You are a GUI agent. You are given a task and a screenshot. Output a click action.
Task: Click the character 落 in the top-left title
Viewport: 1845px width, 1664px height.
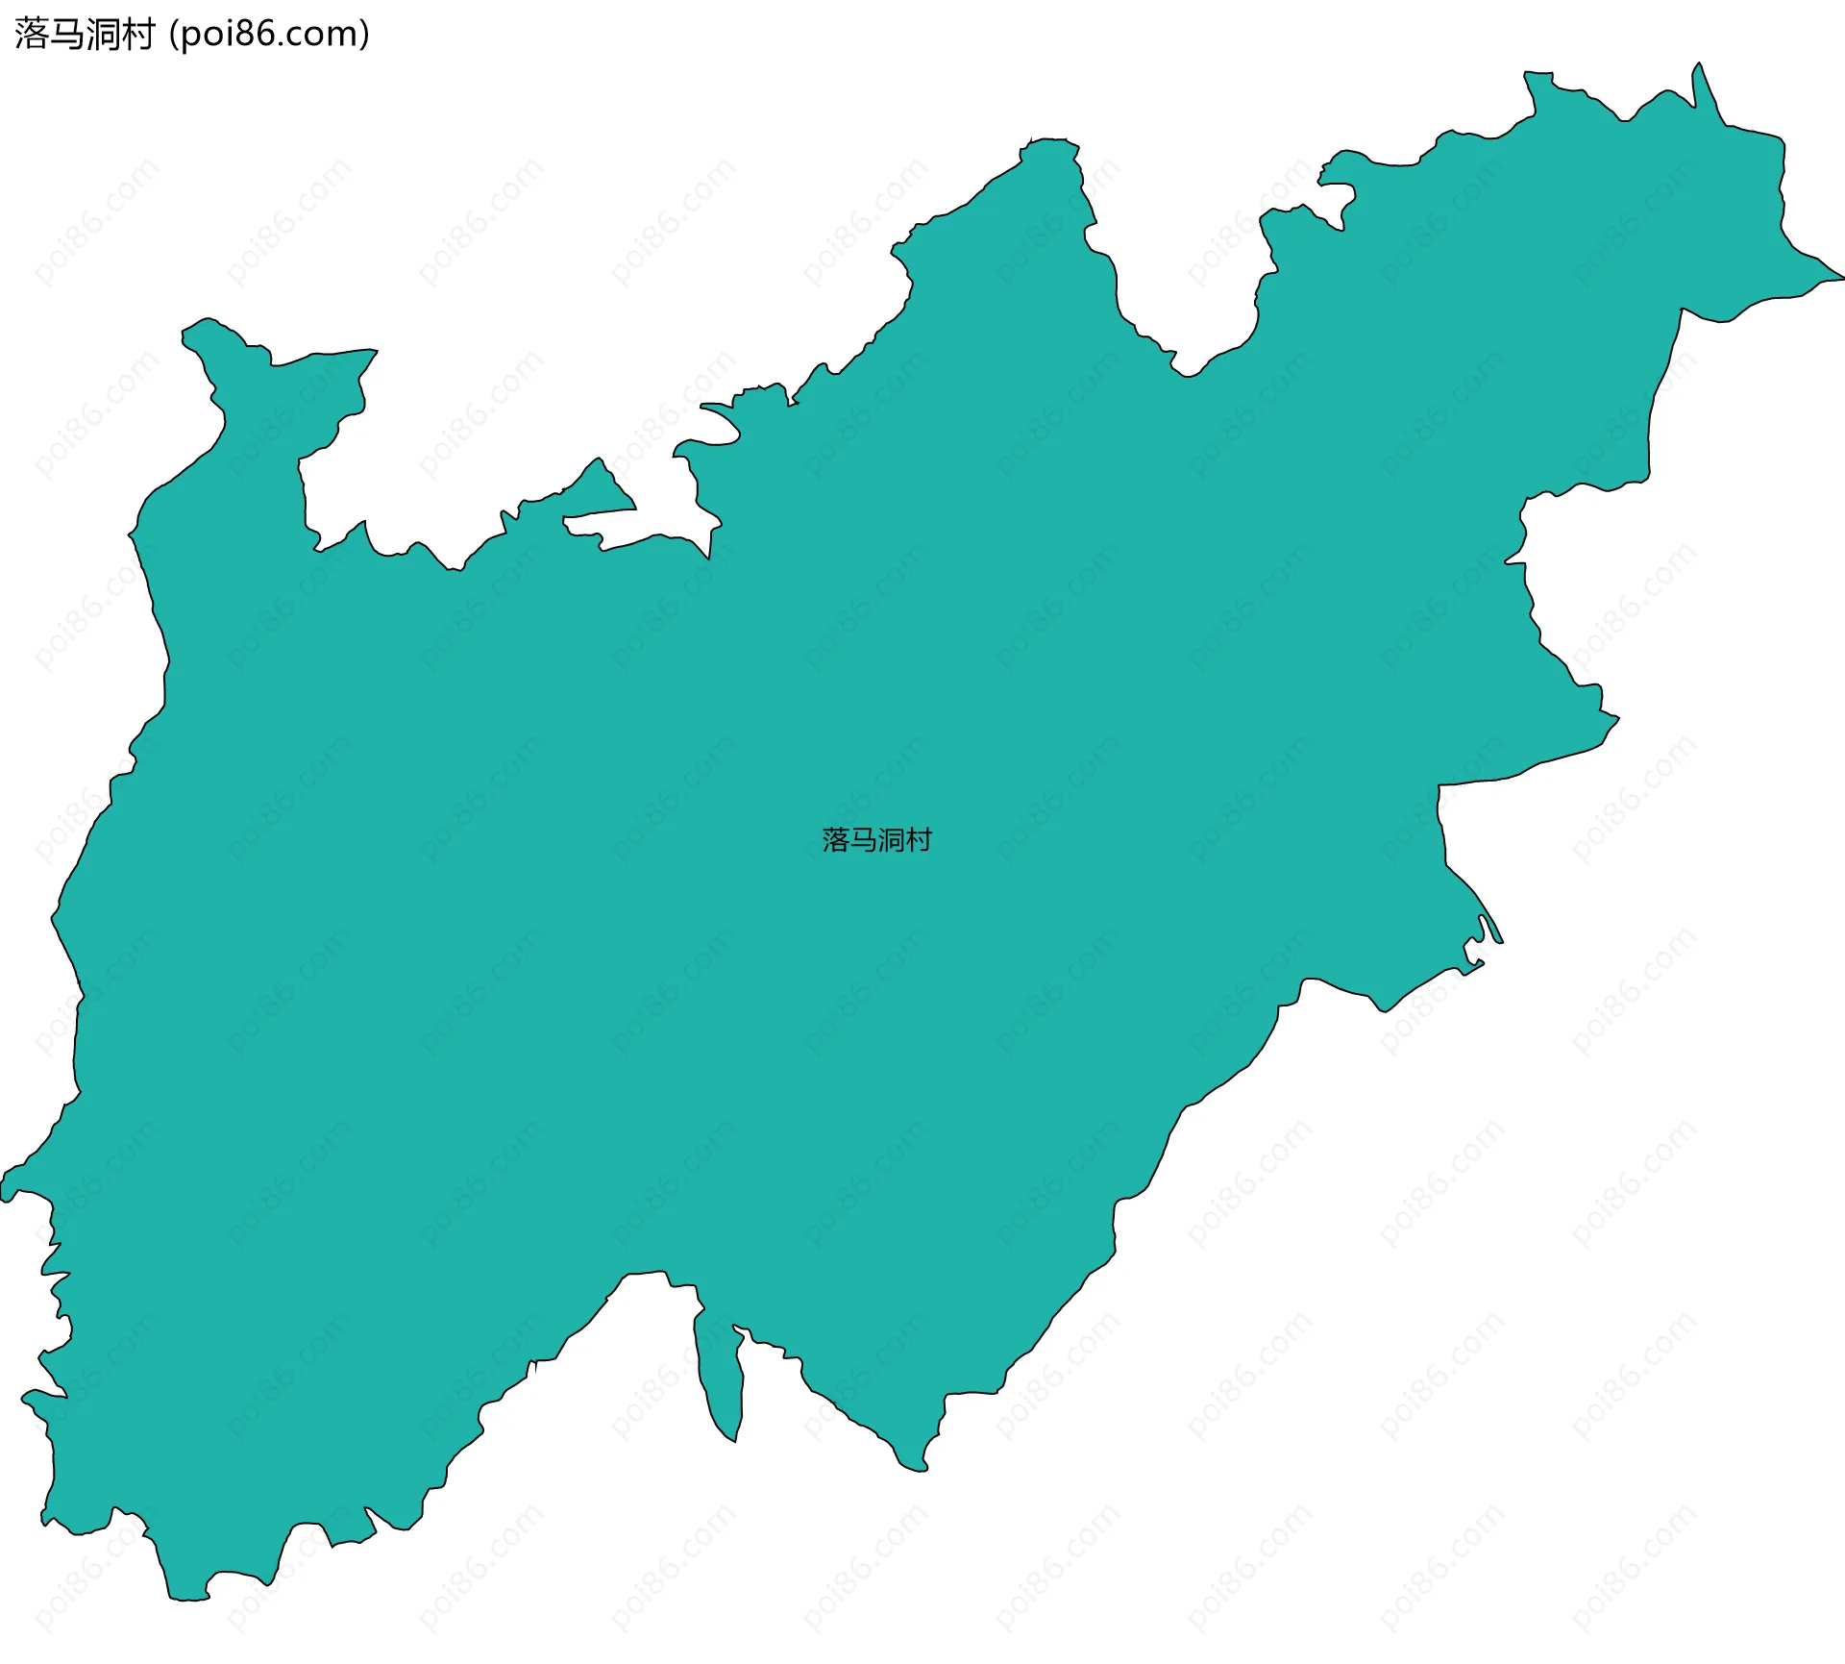32,35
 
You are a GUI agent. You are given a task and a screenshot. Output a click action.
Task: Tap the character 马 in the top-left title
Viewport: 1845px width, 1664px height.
67,35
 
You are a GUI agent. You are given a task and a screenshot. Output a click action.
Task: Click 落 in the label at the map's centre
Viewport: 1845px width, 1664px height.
836,840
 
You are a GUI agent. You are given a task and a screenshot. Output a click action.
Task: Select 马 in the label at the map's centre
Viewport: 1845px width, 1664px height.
863,840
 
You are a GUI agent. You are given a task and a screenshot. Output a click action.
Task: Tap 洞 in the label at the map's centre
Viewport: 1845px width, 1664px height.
891,840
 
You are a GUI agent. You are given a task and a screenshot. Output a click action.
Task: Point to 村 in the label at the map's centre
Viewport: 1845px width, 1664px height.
919,840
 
